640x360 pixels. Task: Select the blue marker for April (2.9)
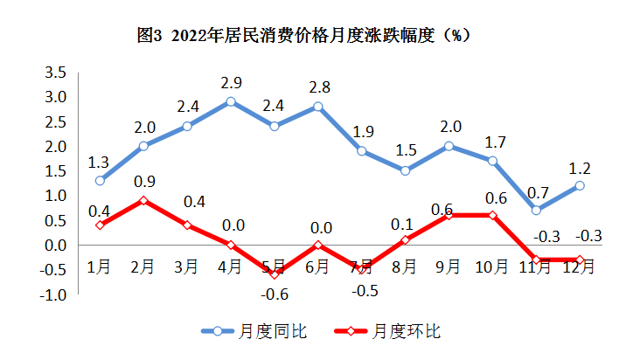[x=231, y=101]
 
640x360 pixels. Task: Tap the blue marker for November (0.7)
[x=535, y=210]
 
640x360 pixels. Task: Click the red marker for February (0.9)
[x=143, y=200]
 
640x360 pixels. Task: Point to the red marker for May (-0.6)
[x=274, y=274]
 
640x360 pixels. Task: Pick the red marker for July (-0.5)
[x=360, y=269]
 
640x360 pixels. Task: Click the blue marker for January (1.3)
[x=100, y=181]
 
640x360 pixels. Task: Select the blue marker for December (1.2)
[x=579, y=185]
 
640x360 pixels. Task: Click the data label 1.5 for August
[x=406, y=150]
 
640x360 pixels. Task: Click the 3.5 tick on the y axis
[x=56, y=72]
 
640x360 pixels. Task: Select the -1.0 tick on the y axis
[x=54, y=295]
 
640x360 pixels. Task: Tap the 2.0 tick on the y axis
[x=56, y=146]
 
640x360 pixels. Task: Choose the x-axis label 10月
[x=492, y=267]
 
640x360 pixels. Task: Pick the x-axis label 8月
[x=406, y=267]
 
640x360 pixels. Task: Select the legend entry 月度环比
[x=405, y=331]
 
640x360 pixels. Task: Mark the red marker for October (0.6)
[x=492, y=215]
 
